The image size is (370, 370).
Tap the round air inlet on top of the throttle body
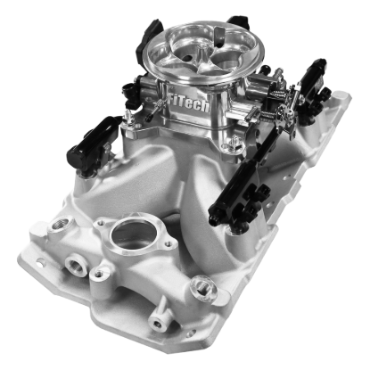click(x=185, y=46)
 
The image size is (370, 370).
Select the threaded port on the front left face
click(x=73, y=264)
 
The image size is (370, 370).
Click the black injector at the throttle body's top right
click(x=236, y=22)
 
